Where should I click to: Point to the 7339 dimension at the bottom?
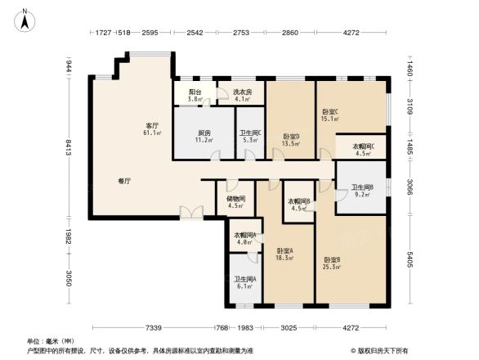[x=146, y=328]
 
